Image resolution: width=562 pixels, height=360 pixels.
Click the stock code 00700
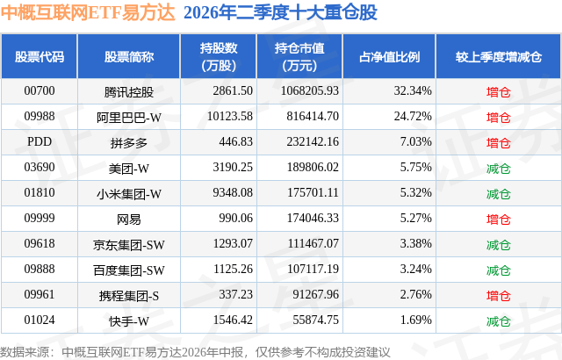click(x=40, y=90)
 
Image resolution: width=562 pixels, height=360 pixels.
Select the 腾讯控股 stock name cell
click(x=129, y=92)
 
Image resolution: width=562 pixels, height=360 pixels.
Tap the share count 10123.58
click(x=230, y=116)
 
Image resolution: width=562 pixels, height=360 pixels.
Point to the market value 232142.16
click(x=313, y=141)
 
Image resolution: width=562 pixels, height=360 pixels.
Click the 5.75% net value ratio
click(x=415, y=167)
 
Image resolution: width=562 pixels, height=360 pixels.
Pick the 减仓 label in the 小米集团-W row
click(x=498, y=194)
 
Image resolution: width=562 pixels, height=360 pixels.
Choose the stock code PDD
click(x=40, y=141)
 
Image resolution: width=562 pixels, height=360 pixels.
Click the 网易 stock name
click(x=129, y=220)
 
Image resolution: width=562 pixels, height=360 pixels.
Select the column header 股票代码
click(x=40, y=57)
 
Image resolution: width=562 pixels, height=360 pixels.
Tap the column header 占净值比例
click(x=389, y=57)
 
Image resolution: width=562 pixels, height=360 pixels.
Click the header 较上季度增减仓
click(x=499, y=57)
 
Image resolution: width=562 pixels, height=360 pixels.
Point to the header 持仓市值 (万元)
click(x=299, y=57)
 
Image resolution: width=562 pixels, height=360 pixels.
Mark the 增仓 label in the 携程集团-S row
click(x=498, y=296)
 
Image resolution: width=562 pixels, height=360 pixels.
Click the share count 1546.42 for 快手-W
click(x=233, y=320)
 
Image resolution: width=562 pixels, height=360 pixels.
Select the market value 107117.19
click(x=313, y=269)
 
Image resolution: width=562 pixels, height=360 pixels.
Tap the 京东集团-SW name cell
click(x=129, y=245)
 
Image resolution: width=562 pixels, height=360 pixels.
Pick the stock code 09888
click(x=40, y=269)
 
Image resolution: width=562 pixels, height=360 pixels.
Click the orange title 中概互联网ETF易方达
click(x=88, y=12)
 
